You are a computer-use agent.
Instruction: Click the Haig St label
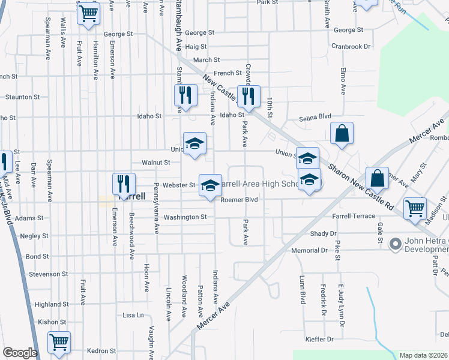click(x=196, y=46)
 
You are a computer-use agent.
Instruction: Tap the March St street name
click(x=206, y=60)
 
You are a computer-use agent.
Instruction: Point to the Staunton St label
click(x=23, y=96)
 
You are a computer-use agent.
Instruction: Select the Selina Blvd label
click(x=315, y=119)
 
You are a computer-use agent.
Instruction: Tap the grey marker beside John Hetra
click(x=395, y=244)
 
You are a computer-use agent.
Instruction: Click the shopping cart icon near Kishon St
click(x=59, y=343)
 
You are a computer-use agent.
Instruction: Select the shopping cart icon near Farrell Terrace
click(x=415, y=209)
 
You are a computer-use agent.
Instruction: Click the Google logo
click(x=20, y=353)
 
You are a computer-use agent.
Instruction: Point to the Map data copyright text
click(x=423, y=355)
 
